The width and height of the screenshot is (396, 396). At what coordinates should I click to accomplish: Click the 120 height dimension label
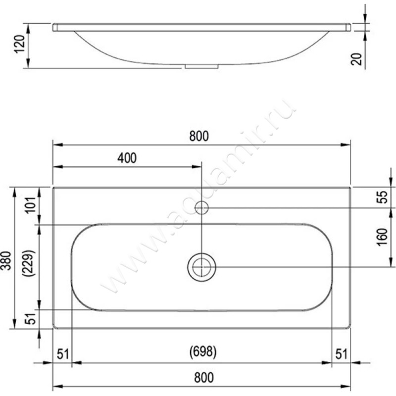19,44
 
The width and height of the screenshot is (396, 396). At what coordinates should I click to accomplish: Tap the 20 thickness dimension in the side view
356,59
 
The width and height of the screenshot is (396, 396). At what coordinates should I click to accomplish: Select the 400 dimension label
127,158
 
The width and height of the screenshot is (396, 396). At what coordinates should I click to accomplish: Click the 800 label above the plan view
199,136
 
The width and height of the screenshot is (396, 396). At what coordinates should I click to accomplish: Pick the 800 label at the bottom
204,378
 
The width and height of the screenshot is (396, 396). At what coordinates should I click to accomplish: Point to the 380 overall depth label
6,261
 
